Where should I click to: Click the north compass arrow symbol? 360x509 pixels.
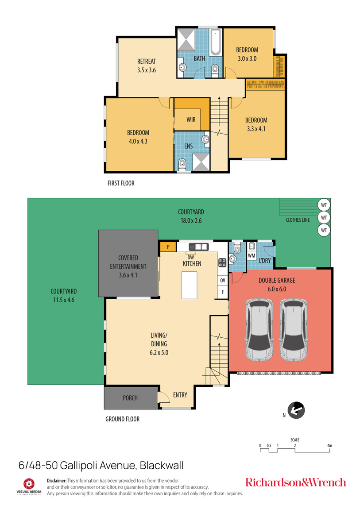(x=296, y=410)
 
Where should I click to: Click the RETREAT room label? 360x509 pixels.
(x=146, y=62)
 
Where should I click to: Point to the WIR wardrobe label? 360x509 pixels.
(x=191, y=120)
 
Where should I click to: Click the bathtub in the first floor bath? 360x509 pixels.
(x=216, y=42)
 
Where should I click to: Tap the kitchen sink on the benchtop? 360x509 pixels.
(x=198, y=247)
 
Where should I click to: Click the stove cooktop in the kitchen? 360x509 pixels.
(x=222, y=263)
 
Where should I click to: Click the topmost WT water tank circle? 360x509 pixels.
(x=324, y=205)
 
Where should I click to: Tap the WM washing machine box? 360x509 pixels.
(x=252, y=256)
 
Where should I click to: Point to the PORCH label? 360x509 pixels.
(x=130, y=398)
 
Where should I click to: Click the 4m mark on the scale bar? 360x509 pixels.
(x=329, y=446)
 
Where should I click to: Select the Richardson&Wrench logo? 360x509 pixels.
(x=295, y=482)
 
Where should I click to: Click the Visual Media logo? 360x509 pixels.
(x=29, y=485)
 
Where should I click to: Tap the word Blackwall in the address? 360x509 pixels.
(x=161, y=465)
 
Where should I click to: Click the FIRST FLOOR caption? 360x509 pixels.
(x=121, y=183)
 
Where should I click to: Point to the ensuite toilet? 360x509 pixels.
(x=182, y=166)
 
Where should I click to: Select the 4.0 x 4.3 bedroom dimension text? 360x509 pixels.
(x=138, y=141)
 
